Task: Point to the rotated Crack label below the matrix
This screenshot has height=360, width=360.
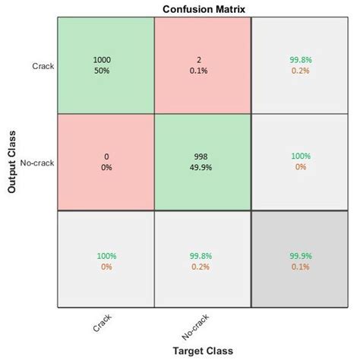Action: pyautogui.click(x=102, y=324)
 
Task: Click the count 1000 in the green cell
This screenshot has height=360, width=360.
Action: pyautogui.click(x=106, y=59)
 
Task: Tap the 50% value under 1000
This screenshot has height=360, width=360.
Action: pyautogui.click(x=106, y=70)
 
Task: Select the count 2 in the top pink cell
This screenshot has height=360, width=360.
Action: pyautogui.click(x=202, y=59)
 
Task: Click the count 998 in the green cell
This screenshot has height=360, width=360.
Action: pyautogui.click(x=202, y=156)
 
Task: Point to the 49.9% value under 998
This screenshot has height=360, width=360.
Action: pyautogui.click(x=202, y=167)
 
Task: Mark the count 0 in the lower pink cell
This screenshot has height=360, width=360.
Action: pyautogui.click(x=106, y=156)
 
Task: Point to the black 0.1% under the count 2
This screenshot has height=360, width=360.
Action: pyautogui.click(x=202, y=70)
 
